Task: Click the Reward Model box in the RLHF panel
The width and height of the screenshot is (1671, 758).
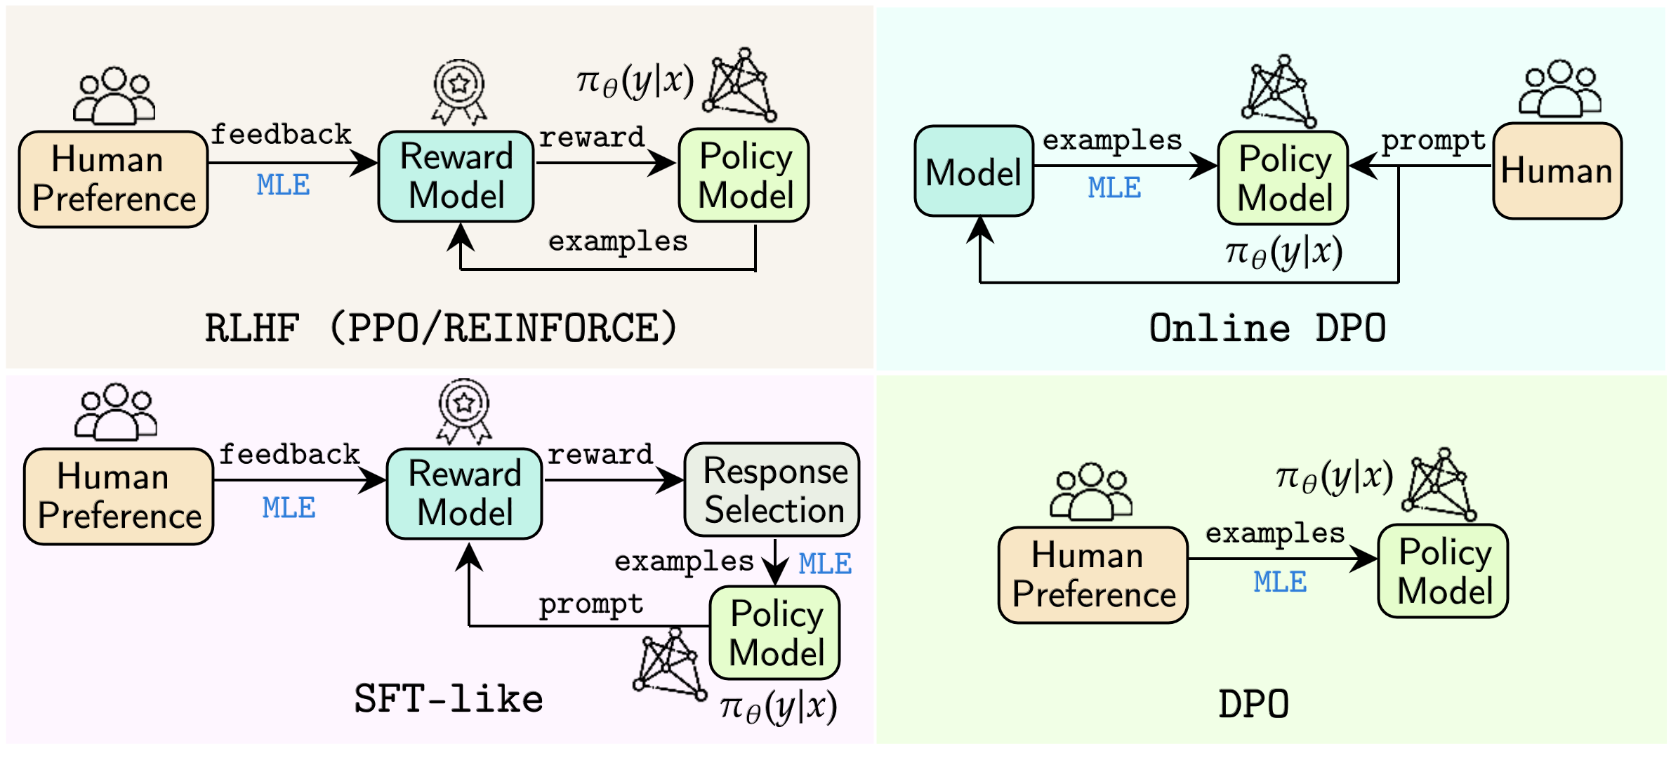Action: pos(456,176)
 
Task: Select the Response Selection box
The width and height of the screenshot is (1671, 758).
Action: pos(772,490)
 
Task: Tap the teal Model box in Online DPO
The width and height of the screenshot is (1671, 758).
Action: pos(974,172)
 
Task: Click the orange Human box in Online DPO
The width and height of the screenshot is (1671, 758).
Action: pos(1557,171)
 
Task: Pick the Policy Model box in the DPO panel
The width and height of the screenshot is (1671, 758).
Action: pos(1444,571)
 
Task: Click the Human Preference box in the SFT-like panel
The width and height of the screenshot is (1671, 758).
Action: pos(119,496)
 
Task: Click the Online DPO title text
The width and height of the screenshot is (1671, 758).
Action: pos(1267,328)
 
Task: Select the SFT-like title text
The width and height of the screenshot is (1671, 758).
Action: pos(449,699)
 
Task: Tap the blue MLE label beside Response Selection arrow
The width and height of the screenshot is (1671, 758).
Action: pos(825,564)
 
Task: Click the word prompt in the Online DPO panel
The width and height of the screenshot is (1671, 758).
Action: pos(1433,141)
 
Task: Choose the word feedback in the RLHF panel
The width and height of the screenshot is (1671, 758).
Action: pos(281,134)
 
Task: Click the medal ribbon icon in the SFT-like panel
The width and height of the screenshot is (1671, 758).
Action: pos(464,411)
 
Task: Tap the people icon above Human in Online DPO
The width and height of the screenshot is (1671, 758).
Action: pos(1559,89)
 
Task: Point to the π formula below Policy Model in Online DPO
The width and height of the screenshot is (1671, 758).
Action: pos(1283,253)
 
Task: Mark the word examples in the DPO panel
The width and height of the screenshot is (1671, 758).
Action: pos(1275,533)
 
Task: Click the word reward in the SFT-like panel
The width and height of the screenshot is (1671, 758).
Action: pos(600,455)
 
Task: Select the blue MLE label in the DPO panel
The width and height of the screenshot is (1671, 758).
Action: pos(1280,582)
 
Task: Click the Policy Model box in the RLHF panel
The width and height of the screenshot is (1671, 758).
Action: pos(744,175)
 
